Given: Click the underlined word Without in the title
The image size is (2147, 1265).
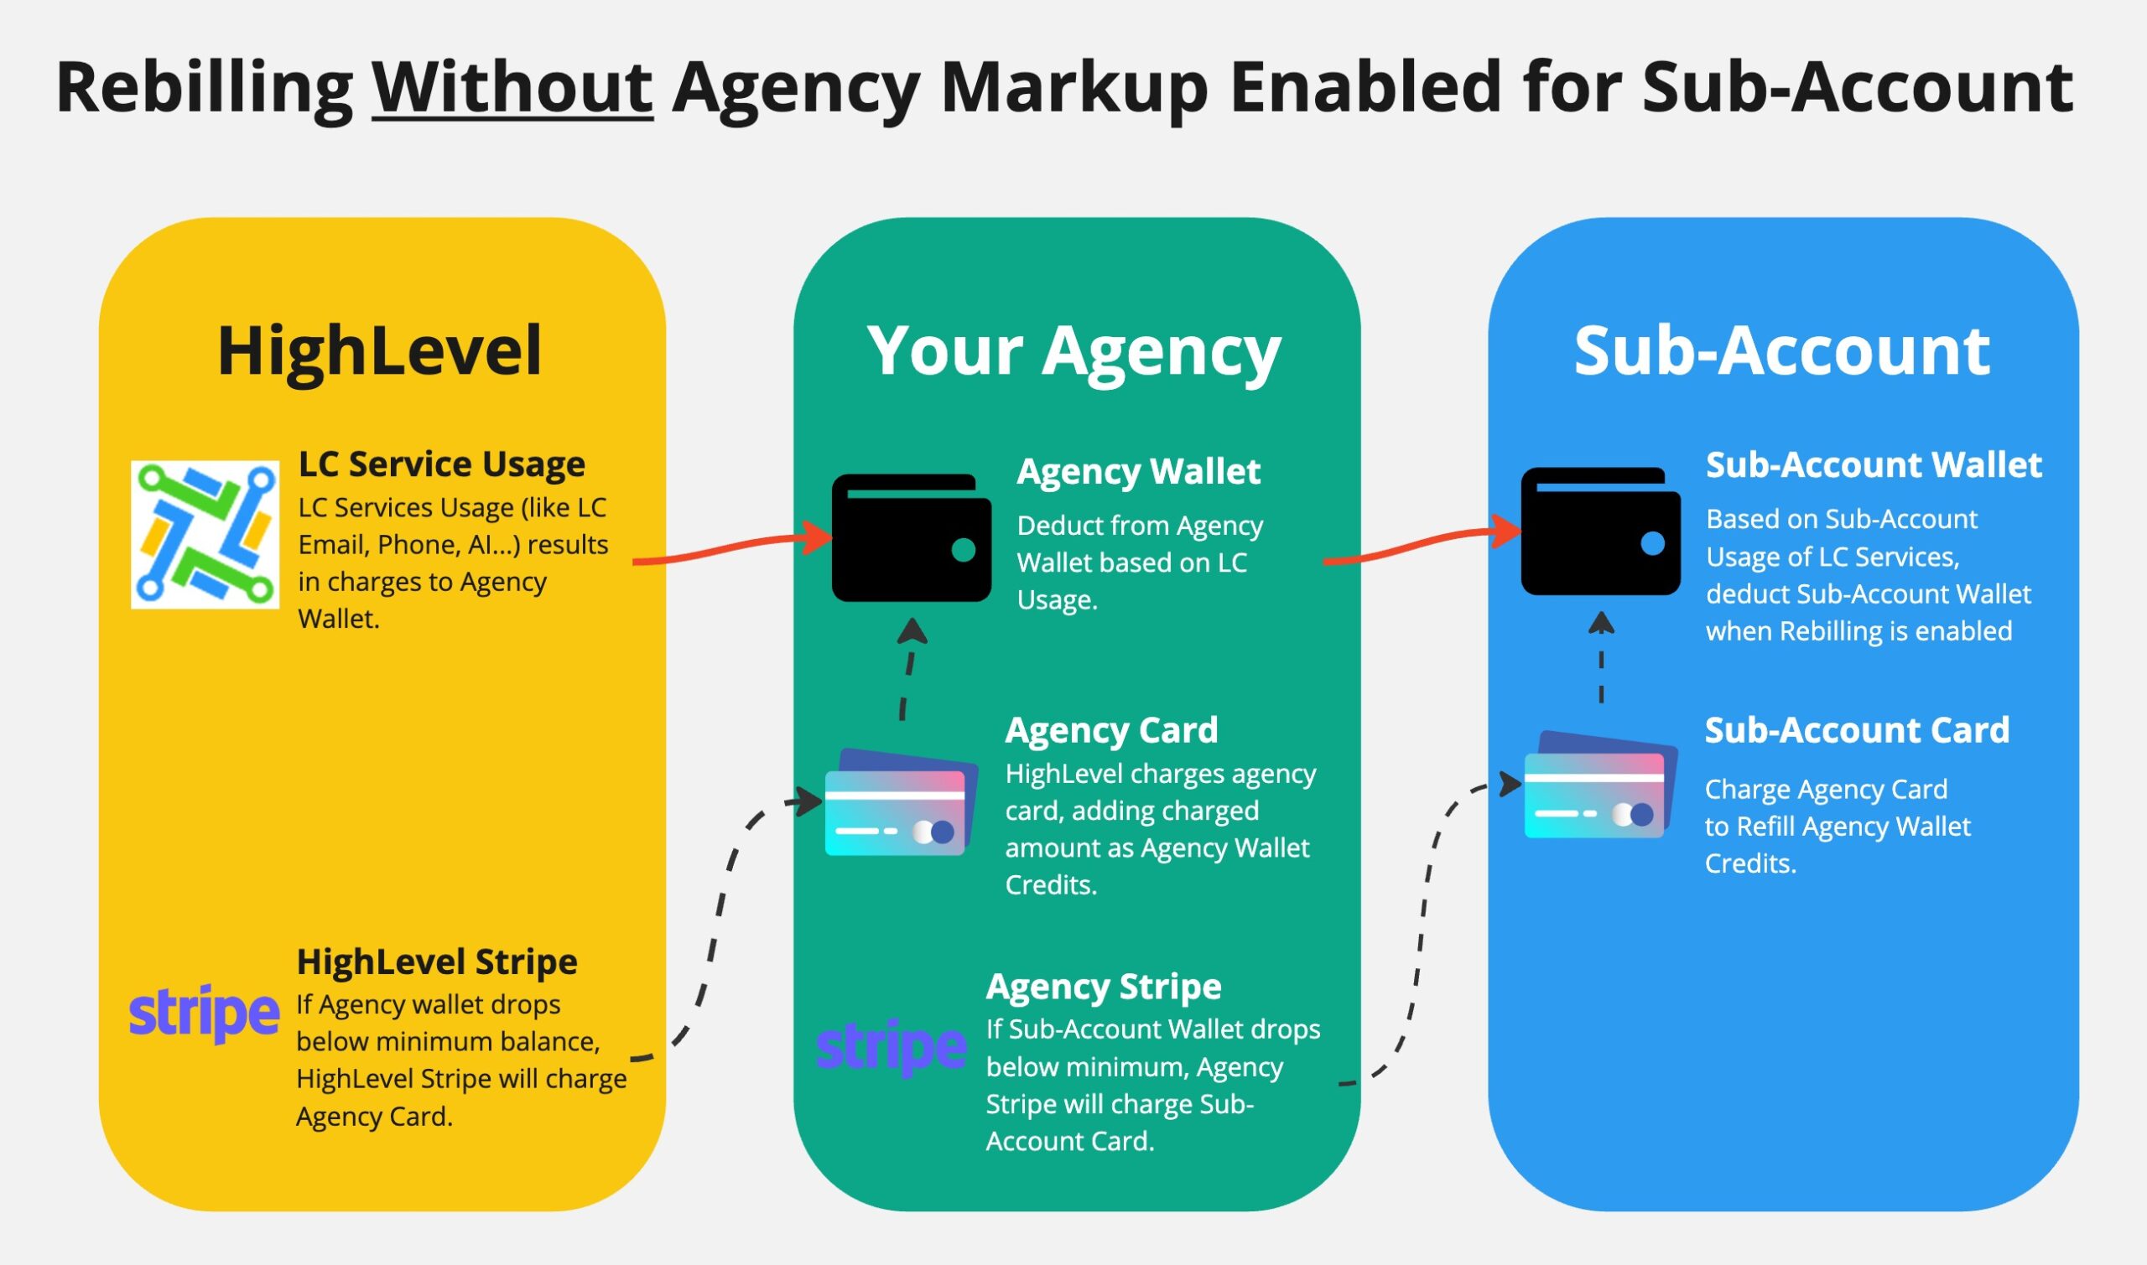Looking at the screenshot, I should (512, 87).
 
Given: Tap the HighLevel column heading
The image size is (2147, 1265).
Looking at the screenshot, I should (379, 350).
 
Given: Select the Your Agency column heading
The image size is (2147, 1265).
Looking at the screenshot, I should (1073, 350).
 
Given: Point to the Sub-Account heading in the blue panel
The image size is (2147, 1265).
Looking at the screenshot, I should (1781, 350).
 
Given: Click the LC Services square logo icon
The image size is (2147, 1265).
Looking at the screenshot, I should (205, 535).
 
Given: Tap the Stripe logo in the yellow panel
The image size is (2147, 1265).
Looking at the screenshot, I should (204, 1014).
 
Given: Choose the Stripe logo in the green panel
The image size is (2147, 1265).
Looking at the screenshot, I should (891, 1047).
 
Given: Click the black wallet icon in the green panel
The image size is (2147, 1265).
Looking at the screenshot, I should (911, 538).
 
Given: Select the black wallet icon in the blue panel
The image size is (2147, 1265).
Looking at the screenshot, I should (1599, 531).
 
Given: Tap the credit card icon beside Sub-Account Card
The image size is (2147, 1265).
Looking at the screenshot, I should (1599, 785).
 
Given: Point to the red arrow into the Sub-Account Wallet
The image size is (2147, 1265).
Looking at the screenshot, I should (1420, 545).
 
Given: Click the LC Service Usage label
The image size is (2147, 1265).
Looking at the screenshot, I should (441, 464).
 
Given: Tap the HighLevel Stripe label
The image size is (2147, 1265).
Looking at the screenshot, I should (437, 962).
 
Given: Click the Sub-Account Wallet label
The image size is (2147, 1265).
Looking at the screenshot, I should (1874, 465).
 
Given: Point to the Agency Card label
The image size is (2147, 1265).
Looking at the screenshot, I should (1111, 729).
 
